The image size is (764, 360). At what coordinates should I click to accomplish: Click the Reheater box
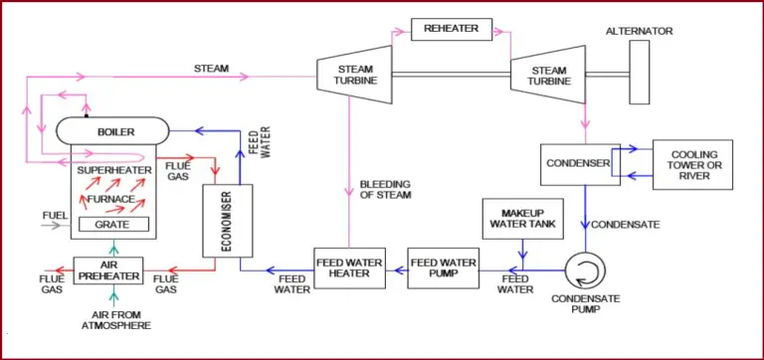(x=451, y=29)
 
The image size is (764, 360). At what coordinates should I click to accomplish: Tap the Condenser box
(x=578, y=163)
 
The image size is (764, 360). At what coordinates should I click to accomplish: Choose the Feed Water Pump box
(x=442, y=268)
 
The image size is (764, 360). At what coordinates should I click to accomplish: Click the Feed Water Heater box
(x=349, y=268)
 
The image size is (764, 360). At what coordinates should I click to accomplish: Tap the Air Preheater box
(x=108, y=270)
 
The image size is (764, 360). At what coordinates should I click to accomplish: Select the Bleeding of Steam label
(x=385, y=189)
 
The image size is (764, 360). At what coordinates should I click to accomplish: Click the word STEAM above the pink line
(x=212, y=69)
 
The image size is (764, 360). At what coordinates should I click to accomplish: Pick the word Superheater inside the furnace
(x=118, y=170)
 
